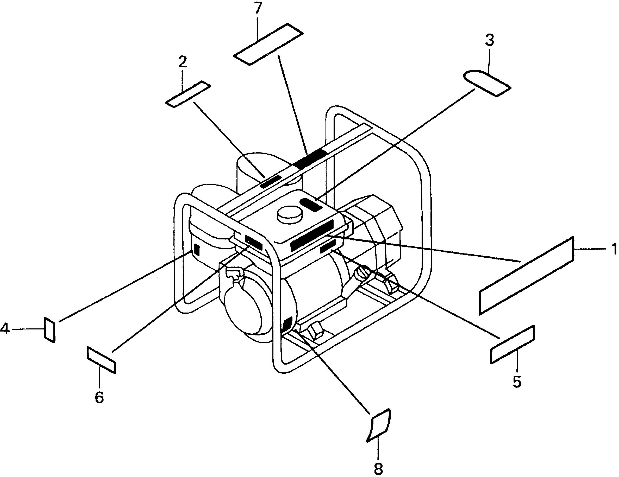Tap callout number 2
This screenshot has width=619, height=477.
point(183,62)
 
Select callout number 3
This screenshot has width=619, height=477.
point(490,41)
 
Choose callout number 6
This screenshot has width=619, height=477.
point(99,398)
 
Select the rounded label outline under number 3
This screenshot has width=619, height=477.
point(487,83)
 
